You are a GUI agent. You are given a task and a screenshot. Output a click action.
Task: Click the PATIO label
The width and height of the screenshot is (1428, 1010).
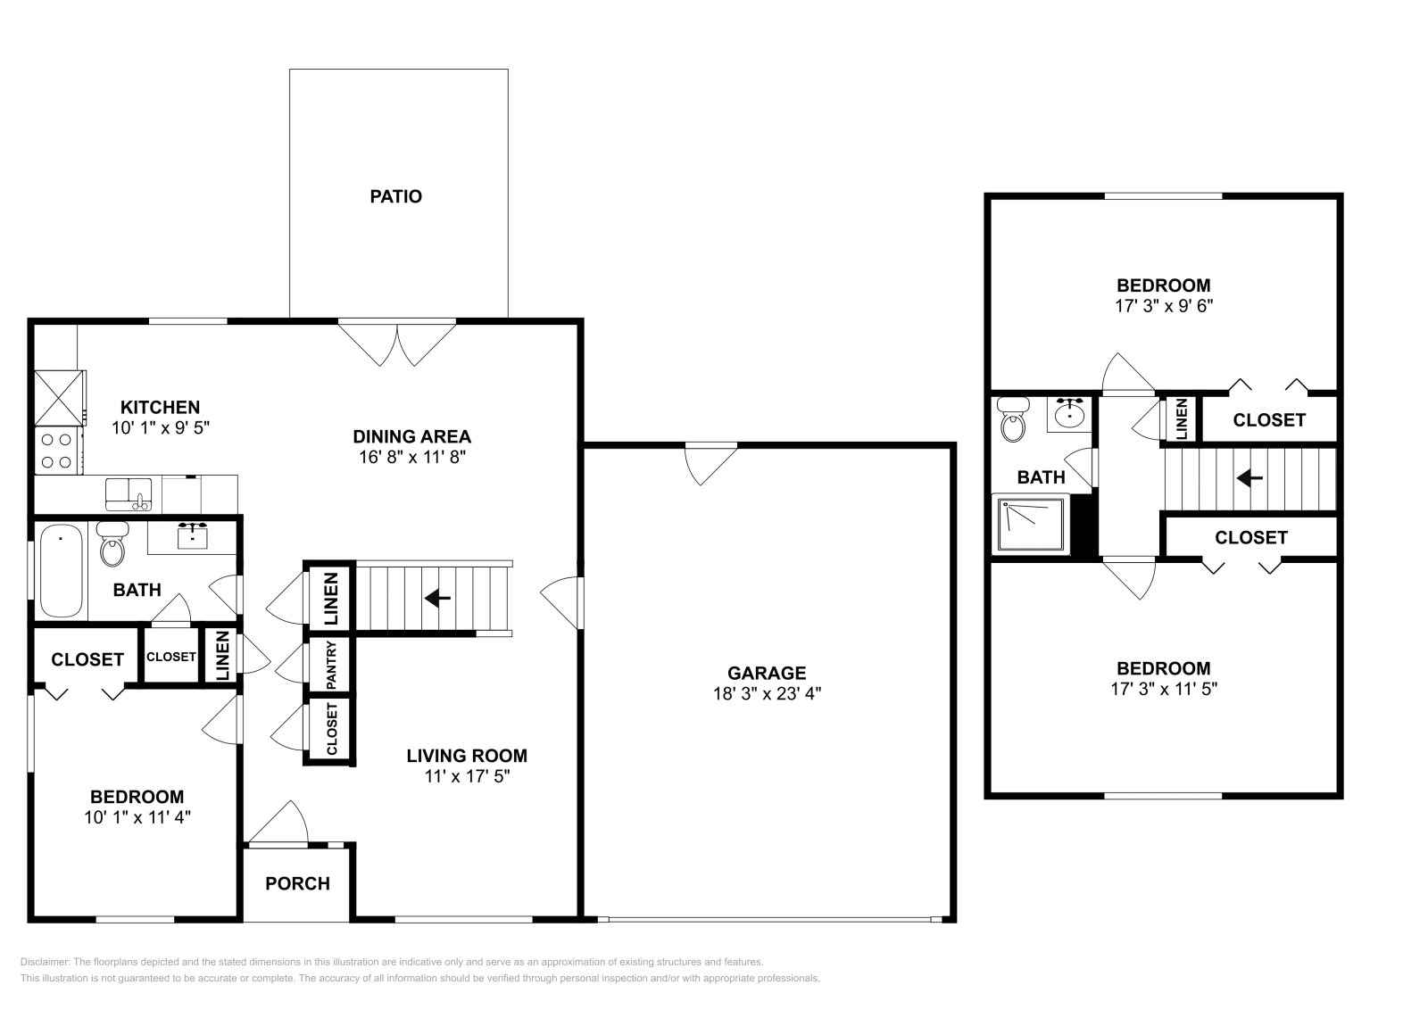coord(395,196)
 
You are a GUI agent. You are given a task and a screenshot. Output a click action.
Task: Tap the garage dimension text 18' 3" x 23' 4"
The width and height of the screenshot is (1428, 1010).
coord(767,693)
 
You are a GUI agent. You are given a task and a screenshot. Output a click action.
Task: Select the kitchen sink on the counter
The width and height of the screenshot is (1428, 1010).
coord(129,493)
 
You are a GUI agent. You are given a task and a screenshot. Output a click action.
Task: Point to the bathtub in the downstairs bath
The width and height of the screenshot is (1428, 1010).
coord(61,571)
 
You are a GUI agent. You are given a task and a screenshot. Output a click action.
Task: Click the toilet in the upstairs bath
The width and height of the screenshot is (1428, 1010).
coord(1013,420)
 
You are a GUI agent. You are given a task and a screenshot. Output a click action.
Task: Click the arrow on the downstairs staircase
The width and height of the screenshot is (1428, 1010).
coord(436,598)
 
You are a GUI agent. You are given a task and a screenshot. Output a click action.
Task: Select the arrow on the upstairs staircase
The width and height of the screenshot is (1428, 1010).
coord(1249,479)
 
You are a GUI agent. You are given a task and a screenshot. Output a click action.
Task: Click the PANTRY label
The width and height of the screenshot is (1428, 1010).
coord(331,665)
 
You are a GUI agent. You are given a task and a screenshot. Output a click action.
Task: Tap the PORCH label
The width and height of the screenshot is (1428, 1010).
coord(297,883)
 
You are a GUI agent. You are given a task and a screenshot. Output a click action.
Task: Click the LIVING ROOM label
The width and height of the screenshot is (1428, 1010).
coord(467,756)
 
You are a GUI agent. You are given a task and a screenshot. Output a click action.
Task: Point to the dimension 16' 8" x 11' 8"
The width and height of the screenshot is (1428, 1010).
coord(411,457)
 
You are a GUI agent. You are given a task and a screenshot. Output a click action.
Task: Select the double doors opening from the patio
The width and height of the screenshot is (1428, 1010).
coord(397,342)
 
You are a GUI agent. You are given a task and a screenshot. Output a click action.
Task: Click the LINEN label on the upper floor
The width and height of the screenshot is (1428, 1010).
coord(1181,418)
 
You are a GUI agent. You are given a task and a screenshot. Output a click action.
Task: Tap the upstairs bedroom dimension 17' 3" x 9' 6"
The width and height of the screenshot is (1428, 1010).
coord(1164,305)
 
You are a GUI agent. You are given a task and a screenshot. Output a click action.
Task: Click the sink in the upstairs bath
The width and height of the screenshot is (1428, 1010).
coord(1069,414)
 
